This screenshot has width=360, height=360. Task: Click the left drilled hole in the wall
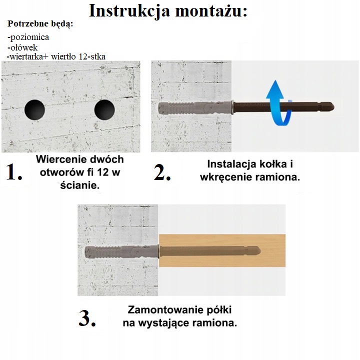(34, 109)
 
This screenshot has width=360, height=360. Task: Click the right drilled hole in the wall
(104, 109)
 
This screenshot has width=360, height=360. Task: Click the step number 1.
(13, 172)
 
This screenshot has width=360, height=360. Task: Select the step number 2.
(162, 172)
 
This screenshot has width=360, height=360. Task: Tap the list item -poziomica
(28, 37)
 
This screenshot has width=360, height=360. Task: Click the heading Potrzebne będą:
(40, 24)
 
